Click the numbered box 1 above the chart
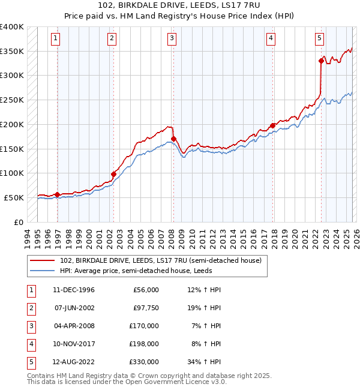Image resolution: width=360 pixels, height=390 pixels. click(x=55, y=38)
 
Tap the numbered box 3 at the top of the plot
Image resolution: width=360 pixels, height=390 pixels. click(x=172, y=38)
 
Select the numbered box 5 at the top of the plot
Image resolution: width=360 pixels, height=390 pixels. click(x=319, y=38)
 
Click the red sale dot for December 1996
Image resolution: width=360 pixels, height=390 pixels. click(x=58, y=194)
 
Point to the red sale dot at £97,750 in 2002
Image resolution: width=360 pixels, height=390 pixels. click(x=113, y=174)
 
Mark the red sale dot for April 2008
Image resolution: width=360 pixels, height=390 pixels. click(x=173, y=139)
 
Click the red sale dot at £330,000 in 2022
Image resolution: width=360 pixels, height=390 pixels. click(x=321, y=60)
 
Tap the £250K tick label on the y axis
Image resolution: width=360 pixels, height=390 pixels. click(x=12, y=100)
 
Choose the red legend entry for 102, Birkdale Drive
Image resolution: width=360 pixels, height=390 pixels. click(x=160, y=260)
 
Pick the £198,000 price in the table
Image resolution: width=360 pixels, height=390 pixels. click(x=145, y=344)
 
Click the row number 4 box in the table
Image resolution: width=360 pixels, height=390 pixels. click(x=31, y=344)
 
